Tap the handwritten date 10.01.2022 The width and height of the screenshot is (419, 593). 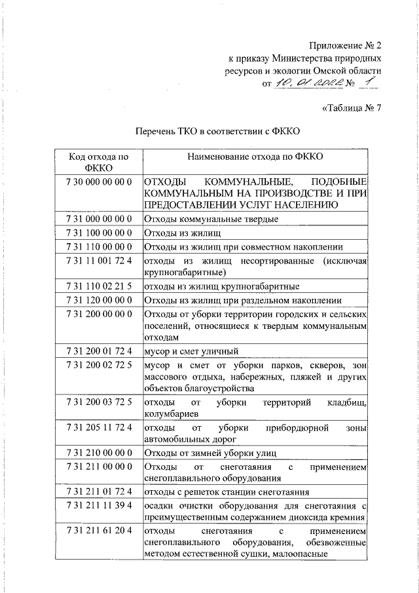(x=306, y=83)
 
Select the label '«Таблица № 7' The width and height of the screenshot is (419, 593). (x=351, y=108)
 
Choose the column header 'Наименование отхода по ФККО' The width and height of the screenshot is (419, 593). (x=255, y=157)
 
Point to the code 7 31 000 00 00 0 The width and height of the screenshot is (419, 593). (x=100, y=218)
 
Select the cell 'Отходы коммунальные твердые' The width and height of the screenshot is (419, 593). (x=211, y=218)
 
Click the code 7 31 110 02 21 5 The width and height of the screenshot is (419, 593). (x=100, y=286)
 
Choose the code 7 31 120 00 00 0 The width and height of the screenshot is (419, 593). (x=100, y=300)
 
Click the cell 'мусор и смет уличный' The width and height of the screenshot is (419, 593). (x=191, y=351)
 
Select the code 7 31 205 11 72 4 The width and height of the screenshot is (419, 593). (x=100, y=427)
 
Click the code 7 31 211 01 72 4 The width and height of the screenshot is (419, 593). (x=100, y=491)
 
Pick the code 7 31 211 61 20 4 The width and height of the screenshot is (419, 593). (x=100, y=529)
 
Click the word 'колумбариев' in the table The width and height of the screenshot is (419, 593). (x=172, y=413)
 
